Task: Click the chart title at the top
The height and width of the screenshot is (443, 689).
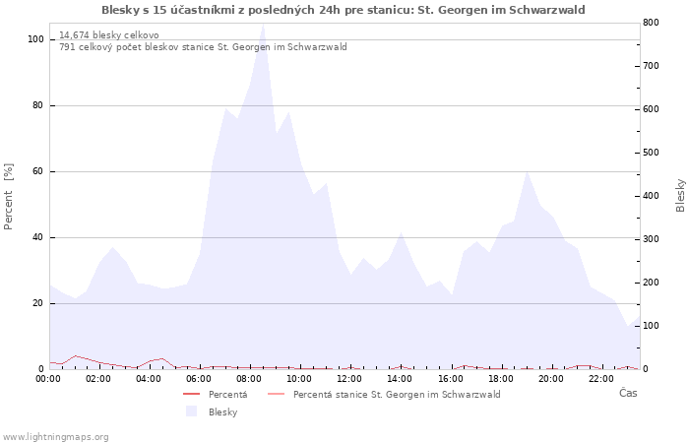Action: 344,10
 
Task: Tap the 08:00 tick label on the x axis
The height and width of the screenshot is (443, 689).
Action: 250,378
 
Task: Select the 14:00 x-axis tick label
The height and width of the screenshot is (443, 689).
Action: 401,378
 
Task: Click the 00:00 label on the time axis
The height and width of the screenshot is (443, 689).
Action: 49,378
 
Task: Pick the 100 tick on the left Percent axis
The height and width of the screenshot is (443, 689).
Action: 35,39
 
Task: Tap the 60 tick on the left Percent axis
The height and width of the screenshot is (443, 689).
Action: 38,171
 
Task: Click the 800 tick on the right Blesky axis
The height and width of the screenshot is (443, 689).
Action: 651,23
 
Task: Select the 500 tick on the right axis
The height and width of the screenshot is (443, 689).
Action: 651,153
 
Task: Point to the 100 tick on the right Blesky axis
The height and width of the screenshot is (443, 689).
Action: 651,326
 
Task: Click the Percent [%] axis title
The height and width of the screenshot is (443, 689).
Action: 9,197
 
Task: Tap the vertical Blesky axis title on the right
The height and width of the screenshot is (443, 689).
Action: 680,195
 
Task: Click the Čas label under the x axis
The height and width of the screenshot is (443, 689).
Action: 627,393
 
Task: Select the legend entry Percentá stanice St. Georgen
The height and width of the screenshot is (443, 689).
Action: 397,394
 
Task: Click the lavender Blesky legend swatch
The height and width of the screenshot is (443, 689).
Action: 192,411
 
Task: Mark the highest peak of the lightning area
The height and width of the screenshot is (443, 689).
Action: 263,25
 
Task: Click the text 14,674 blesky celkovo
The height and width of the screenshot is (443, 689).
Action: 109,35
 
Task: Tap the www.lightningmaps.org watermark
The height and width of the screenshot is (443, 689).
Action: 56,436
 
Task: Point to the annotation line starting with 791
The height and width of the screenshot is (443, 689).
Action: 203,47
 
